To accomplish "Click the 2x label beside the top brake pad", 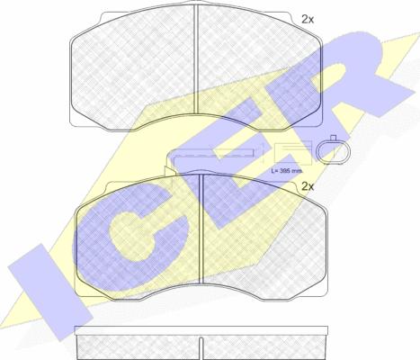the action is point(308,20).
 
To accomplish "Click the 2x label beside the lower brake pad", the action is point(308,187).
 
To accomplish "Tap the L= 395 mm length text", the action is point(287,171).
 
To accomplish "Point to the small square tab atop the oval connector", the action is point(333,138).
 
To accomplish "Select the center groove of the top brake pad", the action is point(196,59).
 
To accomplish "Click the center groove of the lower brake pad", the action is point(201,229).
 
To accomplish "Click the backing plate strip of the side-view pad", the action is point(201,330).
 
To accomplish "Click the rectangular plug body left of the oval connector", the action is point(293,153).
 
